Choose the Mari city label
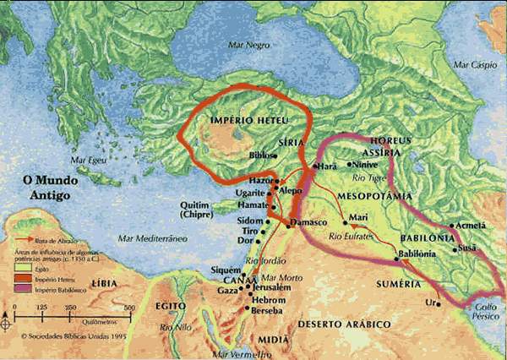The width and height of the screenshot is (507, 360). point(358,217)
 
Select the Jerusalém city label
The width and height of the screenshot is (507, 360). point(272,288)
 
